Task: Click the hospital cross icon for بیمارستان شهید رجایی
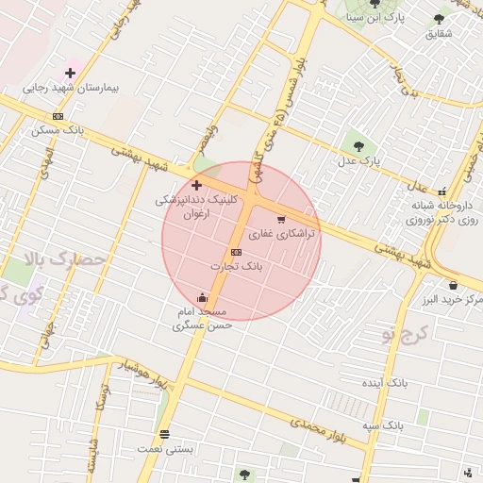(71, 73)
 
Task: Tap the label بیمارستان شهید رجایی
(72, 88)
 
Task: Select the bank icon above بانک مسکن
(58, 116)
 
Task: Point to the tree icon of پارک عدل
(358, 145)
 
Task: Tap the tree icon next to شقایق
(439, 18)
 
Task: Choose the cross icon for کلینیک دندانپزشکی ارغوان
(196, 185)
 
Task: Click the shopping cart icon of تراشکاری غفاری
(281, 220)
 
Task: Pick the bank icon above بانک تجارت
(235, 252)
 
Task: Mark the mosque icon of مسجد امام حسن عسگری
(202, 298)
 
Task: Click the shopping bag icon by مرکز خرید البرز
(454, 285)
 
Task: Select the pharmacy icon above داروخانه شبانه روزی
(441, 190)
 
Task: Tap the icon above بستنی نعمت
(165, 434)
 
